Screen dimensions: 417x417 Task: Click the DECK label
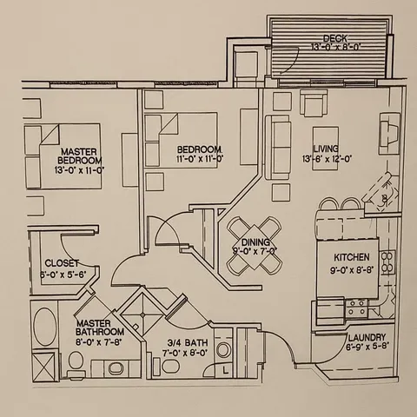click(334, 37)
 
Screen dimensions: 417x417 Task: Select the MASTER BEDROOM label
click(79, 156)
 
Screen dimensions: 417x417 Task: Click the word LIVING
click(327, 149)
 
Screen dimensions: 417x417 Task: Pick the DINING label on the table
click(254, 242)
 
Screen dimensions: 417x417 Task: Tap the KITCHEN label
click(352, 258)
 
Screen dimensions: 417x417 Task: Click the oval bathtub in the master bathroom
click(43, 330)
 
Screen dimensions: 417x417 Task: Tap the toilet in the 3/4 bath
click(223, 350)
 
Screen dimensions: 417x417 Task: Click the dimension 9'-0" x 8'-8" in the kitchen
click(352, 269)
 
